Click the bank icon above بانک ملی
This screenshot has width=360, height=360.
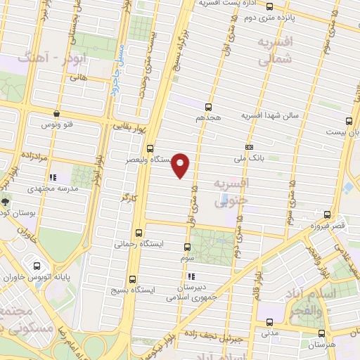(249, 147)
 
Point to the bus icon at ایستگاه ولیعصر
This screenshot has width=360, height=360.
(149, 148)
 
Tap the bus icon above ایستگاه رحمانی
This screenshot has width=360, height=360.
(138, 233)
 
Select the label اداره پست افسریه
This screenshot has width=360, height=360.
(222, 4)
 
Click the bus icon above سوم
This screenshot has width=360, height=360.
(187, 247)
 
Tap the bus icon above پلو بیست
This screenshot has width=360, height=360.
(349, 120)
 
